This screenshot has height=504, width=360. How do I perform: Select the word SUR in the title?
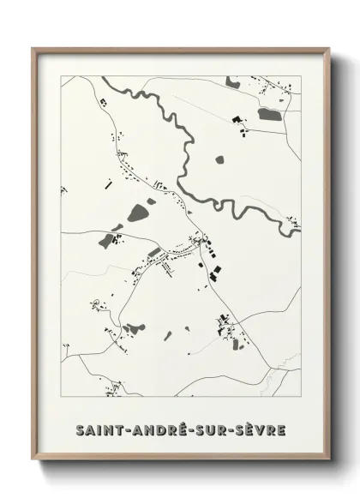tap(211, 428)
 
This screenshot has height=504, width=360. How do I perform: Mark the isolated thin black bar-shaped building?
tap(108, 182)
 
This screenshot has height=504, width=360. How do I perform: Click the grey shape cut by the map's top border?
tap(231, 81)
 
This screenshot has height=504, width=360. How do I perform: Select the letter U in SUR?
tap(211, 428)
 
